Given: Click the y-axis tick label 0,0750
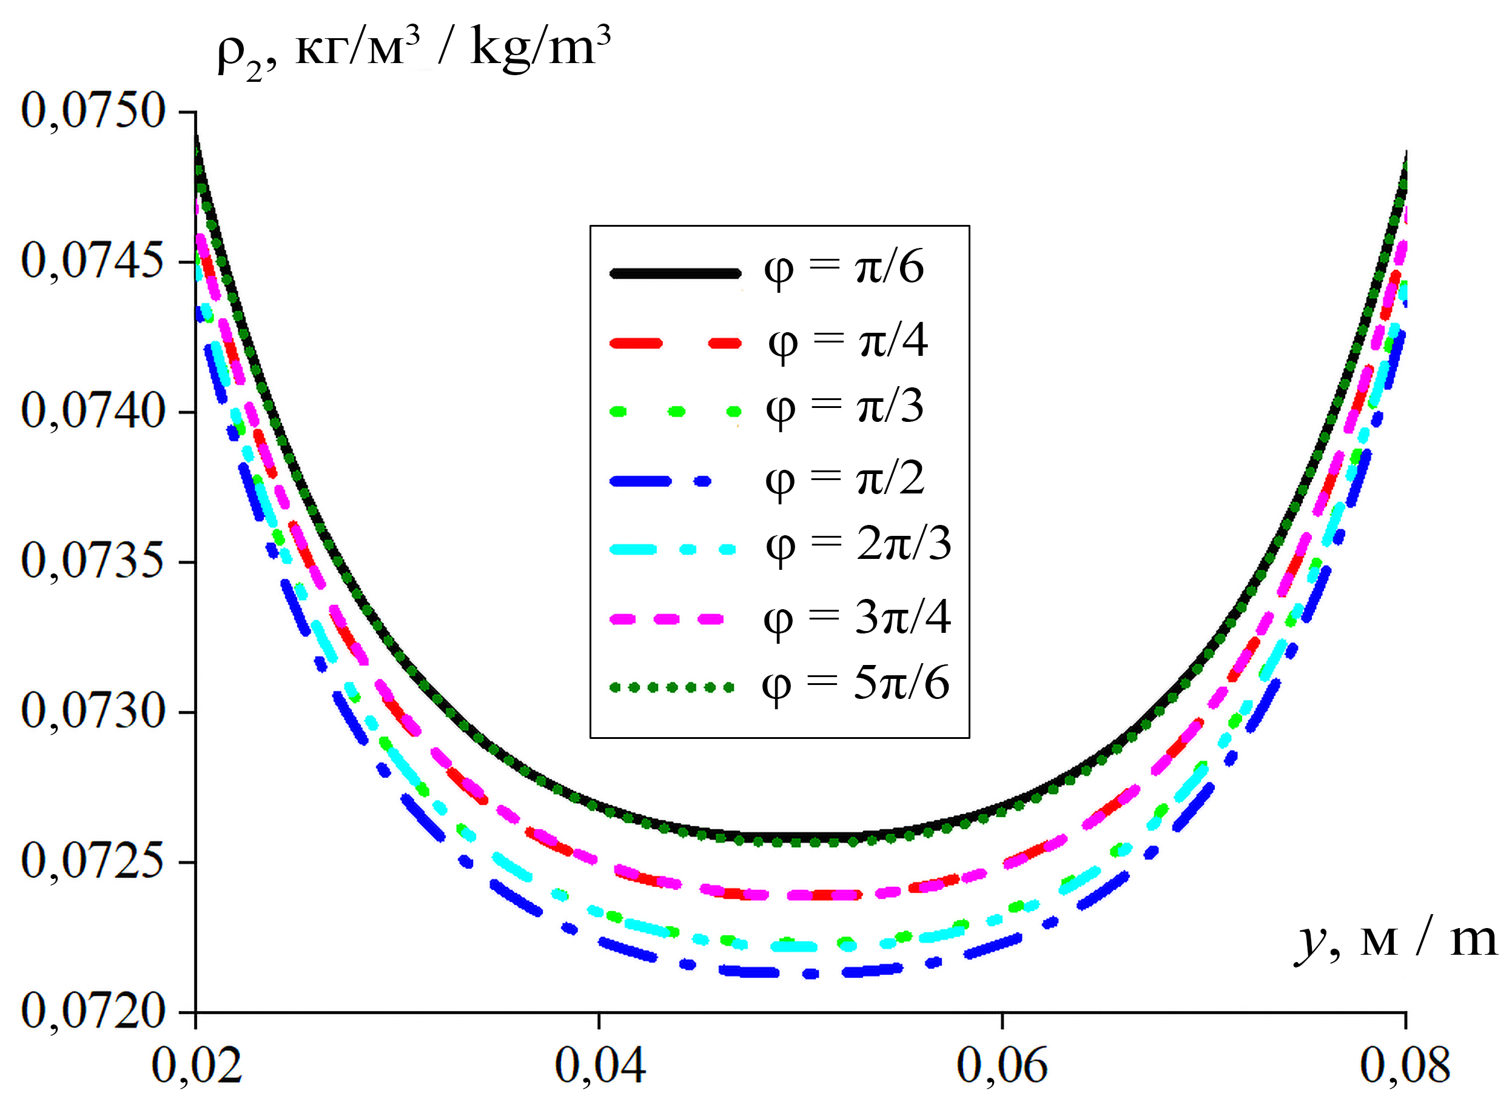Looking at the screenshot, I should [93, 112].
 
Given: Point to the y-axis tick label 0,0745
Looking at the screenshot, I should [93, 261].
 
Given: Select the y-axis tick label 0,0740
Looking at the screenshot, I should [93, 411].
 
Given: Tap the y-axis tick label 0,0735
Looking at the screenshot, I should [93, 561].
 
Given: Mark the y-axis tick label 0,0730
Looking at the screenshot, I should [93, 712].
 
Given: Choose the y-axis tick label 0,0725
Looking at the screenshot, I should [93, 862].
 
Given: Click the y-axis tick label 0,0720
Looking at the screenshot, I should [93, 1012].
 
